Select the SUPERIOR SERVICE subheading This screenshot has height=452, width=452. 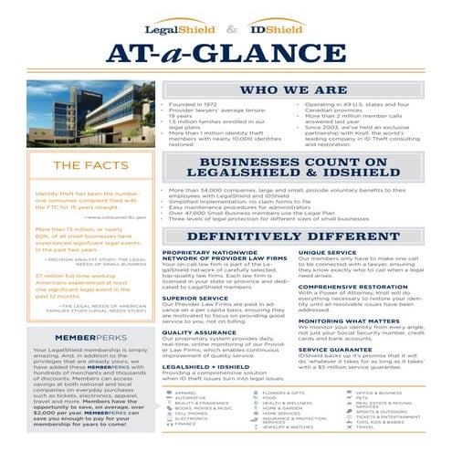point(189,298)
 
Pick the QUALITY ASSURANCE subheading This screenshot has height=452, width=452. point(191,333)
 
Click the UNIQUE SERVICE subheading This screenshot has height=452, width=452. point(323,251)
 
